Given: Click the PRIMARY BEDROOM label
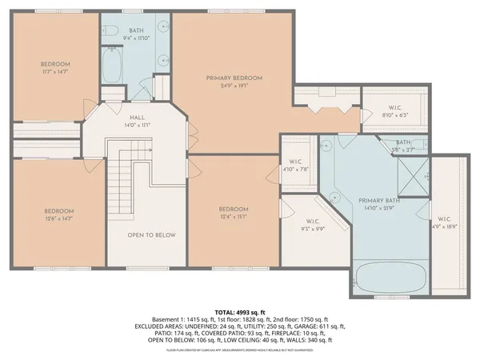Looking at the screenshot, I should coord(234,78).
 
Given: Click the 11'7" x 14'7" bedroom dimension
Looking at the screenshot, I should coord(56,72).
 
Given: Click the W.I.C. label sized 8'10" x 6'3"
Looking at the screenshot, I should coord(394,114).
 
